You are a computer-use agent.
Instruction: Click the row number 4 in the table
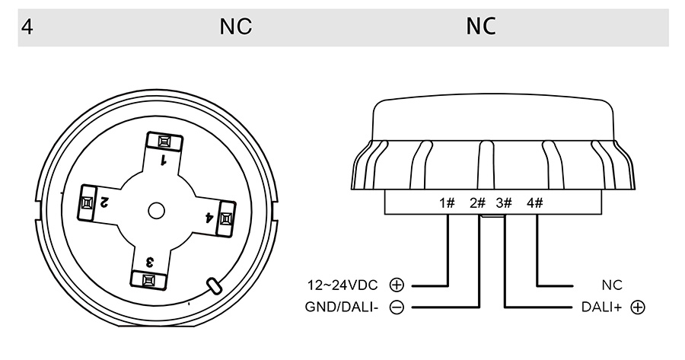(27, 27)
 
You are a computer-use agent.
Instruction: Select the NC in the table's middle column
(235, 27)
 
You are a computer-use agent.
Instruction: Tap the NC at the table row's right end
(481, 27)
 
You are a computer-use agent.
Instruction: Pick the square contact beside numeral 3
(149, 280)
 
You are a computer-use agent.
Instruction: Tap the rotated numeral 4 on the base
(209, 218)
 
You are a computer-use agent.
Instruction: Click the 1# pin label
(447, 202)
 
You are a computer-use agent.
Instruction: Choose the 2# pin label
(477, 202)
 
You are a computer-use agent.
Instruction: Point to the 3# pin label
(504, 202)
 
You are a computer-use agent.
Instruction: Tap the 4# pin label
(534, 202)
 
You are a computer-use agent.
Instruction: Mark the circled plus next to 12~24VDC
(396, 285)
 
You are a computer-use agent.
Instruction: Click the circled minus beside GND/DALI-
(396, 307)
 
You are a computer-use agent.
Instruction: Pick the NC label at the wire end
(612, 285)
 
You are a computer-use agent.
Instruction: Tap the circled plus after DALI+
(638, 307)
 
